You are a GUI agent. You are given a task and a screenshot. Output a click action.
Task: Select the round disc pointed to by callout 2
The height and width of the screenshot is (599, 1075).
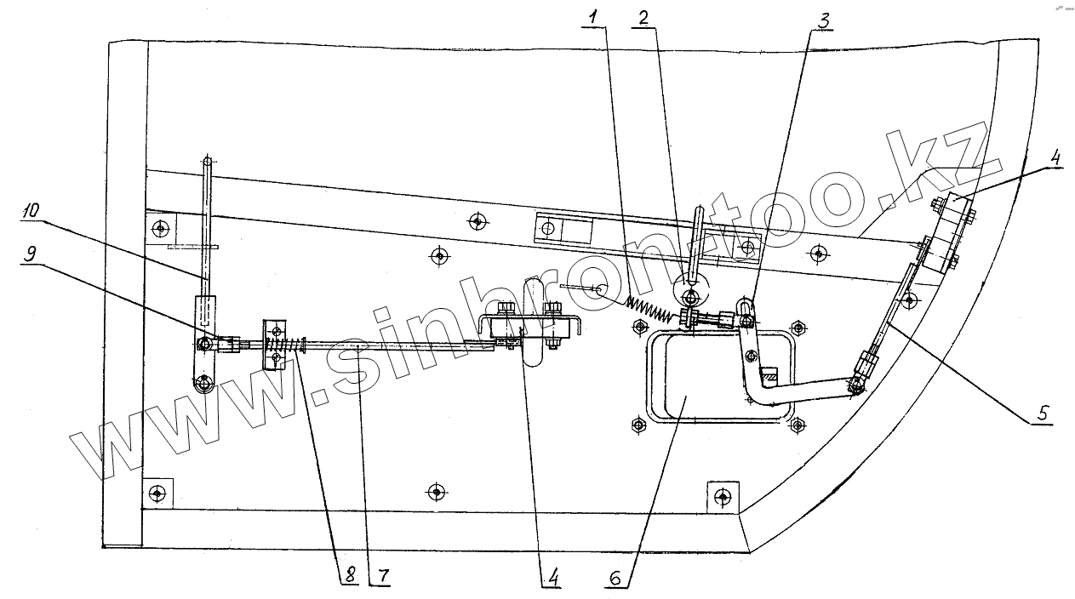coord(690,294)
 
